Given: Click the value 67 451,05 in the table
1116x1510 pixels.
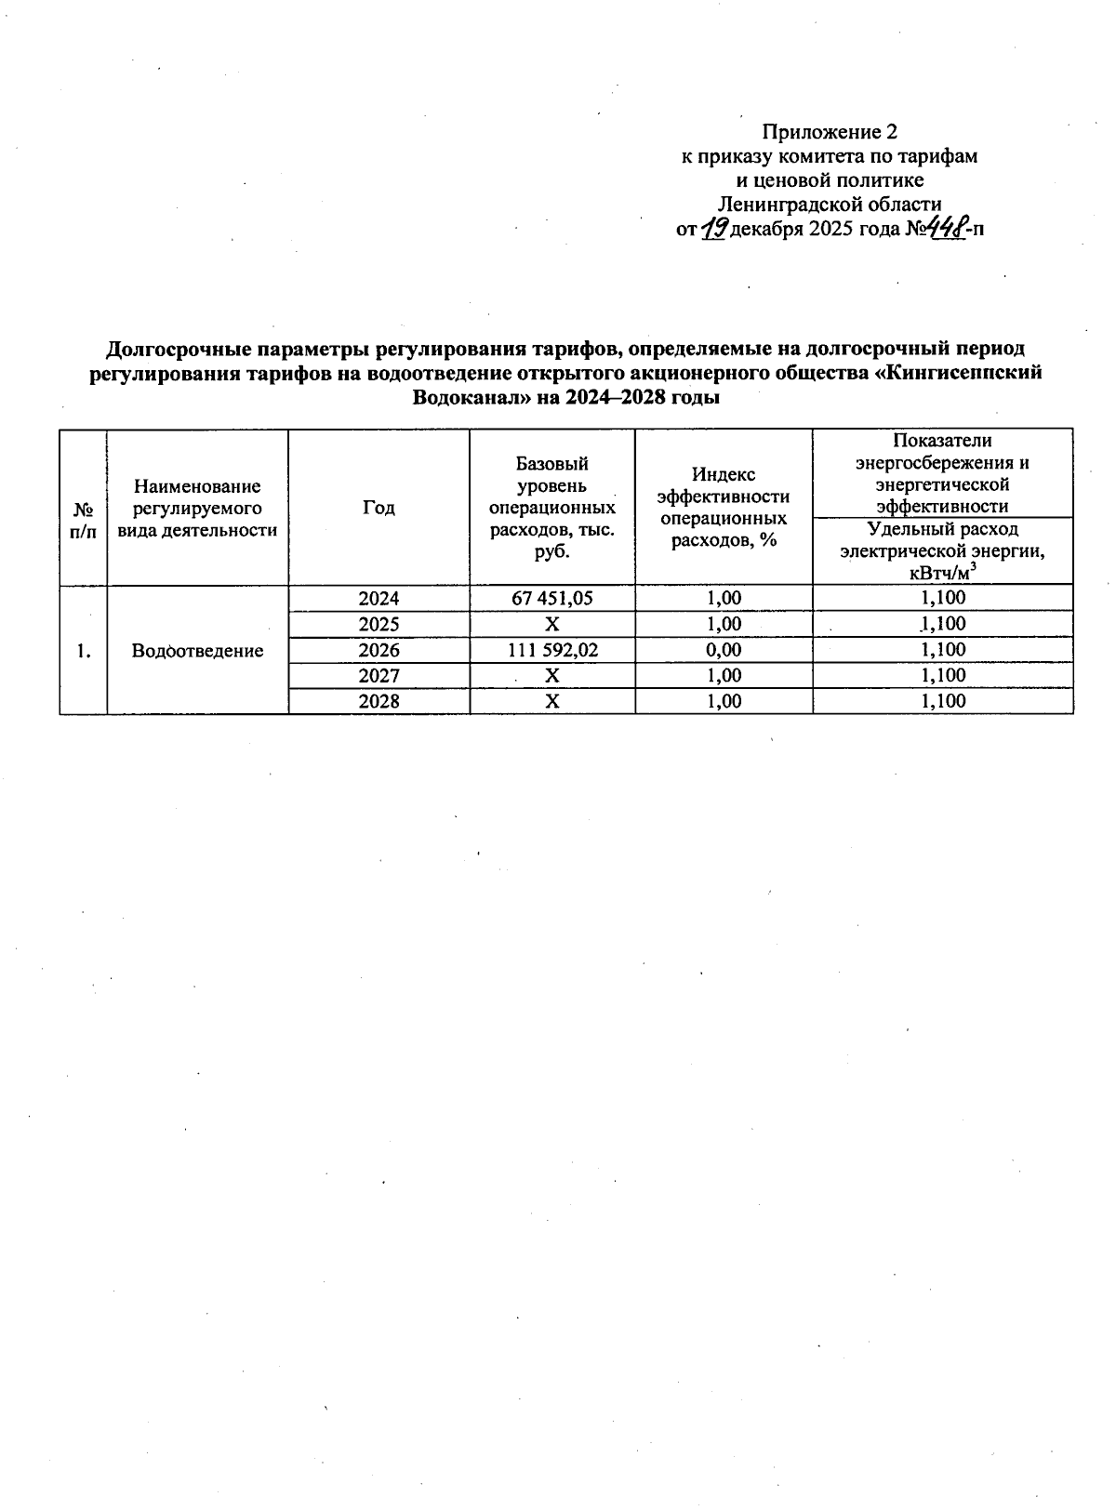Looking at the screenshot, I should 552,599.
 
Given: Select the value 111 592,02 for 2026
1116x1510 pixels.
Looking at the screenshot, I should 552,650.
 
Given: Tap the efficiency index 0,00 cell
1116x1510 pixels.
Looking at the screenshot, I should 724,650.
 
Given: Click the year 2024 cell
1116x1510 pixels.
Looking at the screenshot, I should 379,599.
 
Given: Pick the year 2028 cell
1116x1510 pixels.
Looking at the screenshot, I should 379,701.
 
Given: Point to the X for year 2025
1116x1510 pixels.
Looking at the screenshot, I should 552,624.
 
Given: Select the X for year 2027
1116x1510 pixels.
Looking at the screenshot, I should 552,675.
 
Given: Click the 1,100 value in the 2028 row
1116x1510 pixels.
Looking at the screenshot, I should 943,701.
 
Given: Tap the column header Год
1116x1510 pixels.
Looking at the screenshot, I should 379,508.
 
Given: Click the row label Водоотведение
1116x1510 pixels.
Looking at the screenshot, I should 197,651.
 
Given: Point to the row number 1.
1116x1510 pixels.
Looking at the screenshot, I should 84,651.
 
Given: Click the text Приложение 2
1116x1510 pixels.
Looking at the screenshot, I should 830,131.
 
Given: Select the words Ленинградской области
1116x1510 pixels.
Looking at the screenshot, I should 830,205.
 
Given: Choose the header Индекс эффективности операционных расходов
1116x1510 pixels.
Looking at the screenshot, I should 724,508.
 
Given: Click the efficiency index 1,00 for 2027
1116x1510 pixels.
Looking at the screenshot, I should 724,675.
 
